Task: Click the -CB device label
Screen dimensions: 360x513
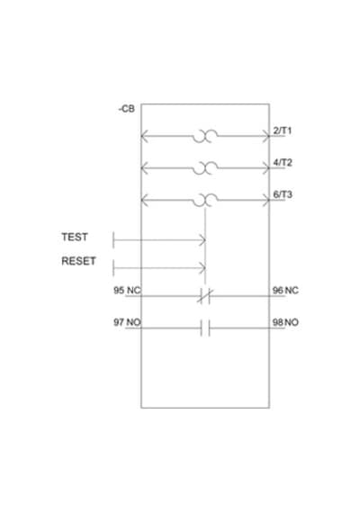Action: (x=127, y=109)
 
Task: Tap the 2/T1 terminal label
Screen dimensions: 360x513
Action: (x=282, y=130)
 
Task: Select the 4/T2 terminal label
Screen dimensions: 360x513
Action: (x=283, y=163)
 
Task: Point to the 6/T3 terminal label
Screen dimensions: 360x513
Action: (x=283, y=194)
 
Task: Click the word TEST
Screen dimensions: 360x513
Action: (x=75, y=237)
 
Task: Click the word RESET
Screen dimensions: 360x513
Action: (x=78, y=261)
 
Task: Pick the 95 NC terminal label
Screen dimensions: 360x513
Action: (x=127, y=290)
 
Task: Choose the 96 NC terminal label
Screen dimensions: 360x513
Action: (x=285, y=290)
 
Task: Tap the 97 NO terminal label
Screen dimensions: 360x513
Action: (x=127, y=322)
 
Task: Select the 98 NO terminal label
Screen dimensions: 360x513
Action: (x=285, y=322)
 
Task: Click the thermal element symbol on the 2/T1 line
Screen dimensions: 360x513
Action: (x=205, y=136)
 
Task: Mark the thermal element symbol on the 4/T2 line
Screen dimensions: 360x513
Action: (x=205, y=167)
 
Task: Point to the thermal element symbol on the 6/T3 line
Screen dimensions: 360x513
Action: (x=205, y=200)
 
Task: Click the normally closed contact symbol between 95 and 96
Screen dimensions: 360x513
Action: (x=205, y=296)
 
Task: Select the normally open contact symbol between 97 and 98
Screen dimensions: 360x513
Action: (x=205, y=328)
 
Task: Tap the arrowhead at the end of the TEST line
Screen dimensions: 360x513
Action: (x=203, y=240)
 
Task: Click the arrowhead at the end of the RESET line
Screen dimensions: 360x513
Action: (x=203, y=268)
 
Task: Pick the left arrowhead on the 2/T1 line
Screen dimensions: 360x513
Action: (x=145, y=136)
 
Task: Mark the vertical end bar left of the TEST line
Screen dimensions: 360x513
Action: (x=113, y=240)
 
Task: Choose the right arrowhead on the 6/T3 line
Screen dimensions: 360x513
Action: (x=265, y=200)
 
